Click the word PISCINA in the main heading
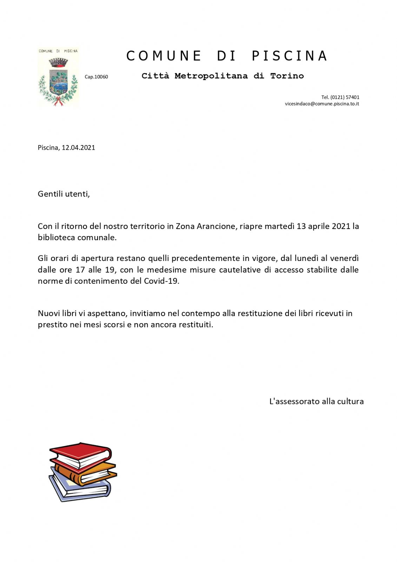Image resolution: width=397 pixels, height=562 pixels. coord(290,56)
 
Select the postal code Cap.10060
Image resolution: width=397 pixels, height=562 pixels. coord(96,77)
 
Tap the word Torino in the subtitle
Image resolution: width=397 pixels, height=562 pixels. coord(287,76)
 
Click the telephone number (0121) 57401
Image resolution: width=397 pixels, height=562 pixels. coord(345,97)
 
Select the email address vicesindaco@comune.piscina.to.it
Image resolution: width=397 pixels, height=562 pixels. coord(322,104)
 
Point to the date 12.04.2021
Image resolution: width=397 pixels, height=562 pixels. coord(78,148)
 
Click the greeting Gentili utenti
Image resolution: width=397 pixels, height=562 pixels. coord(64,194)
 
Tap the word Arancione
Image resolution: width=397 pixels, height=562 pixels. coord(216,226)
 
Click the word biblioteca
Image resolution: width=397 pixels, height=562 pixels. coord(57,237)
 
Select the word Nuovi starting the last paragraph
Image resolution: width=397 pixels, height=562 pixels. coord(48,313)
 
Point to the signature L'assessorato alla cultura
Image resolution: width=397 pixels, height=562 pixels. coord(316,401)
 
